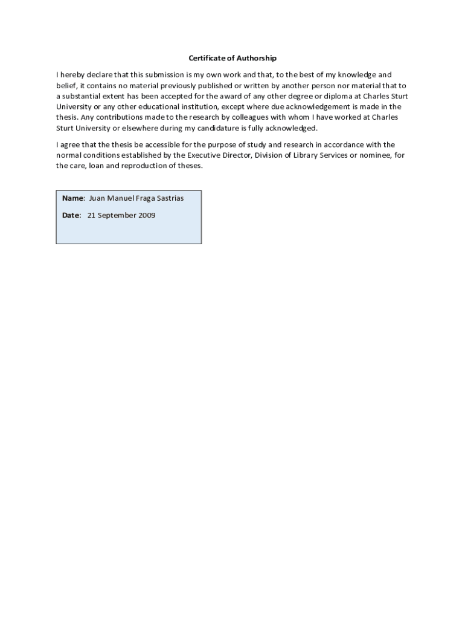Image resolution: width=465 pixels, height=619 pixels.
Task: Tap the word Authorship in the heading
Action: click(x=256, y=59)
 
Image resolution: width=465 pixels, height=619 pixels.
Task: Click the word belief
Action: click(x=66, y=86)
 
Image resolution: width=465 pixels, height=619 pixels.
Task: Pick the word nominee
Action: click(x=371, y=155)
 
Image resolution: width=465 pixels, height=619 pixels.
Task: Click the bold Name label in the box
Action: click(x=72, y=198)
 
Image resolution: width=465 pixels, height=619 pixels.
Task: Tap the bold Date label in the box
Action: click(x=71, y=215)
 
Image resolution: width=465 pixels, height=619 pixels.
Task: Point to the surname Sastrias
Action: click(x=168, y=198)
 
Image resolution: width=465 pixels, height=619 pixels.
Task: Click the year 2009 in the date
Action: click(x=146, y=215)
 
